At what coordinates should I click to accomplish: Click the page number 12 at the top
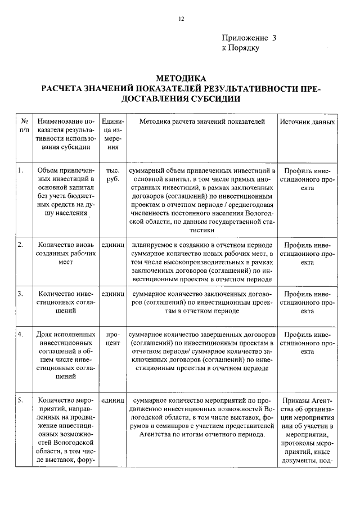pyautogui.click(x=181, y=18)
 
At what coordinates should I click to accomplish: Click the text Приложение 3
pyautogui.click(x=249, y=38)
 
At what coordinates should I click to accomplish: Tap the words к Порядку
pyautogui.click(x=241, y=48)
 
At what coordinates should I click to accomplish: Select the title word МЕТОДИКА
pyautogui.click(x=181, y=78)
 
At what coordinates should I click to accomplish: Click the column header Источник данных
pyautogui.click(x=307, y=121)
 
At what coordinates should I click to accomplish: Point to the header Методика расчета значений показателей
pyautogui.click(x=201, y=121)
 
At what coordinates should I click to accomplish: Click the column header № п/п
pyautogui.click(x=24, y=125)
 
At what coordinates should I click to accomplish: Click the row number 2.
pyautogui.click(x=20, y=245)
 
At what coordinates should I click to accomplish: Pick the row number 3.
pyautogui.click(x=20, y=294)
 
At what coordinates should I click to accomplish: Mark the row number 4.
pyautogui.click(x=20, y=334)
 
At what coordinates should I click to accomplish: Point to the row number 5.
pyautogui.click(x=20, y=400)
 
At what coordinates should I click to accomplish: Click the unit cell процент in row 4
pyautogui.click(x=112, y=338)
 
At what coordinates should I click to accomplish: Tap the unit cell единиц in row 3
pyautogui.click(x=112, y=294)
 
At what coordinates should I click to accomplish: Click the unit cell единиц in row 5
pyautogui.click(x=112, y=400)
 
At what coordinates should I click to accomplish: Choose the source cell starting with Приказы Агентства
pyautogui.click(x=307, y=430)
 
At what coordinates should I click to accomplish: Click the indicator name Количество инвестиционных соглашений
pyautogui.click(x=64, y=302)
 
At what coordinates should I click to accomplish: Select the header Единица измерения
pyautogui.click(x=112, y=134)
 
